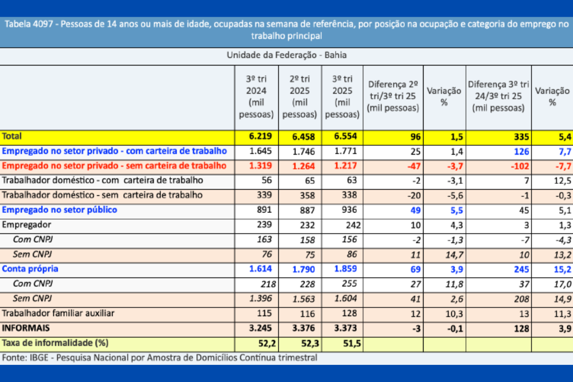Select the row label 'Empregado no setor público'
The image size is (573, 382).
(60, 210)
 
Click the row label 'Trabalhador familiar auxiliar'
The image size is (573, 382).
(58, 313)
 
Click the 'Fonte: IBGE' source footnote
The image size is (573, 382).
(159, 357)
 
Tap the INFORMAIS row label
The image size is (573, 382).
(26, 328)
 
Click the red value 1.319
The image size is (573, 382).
(260, 166)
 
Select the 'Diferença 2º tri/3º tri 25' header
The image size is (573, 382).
(393, 96)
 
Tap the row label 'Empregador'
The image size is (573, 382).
(27, 224)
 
